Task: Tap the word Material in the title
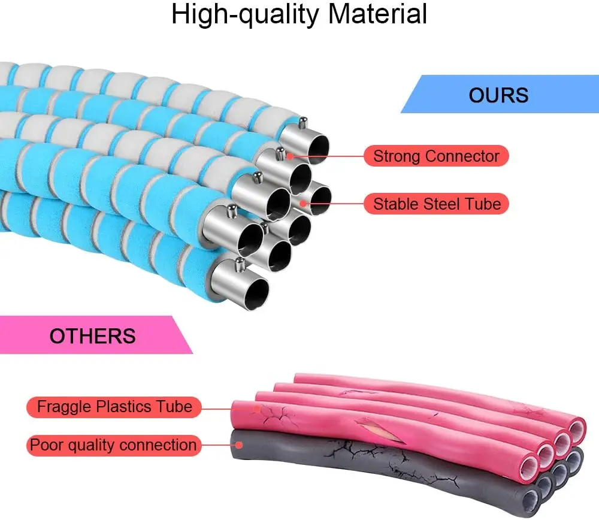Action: tap(377, 14)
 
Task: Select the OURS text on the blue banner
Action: tap(498, 95)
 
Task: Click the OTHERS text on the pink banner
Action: tap(92, 335)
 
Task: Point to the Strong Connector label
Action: tap(436, 157)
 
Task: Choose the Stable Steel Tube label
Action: tap(437, 204)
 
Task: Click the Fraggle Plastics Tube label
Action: tap(114, 407)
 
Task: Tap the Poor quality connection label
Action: tap(113, 445)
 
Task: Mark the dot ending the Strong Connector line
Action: tap(289, 157)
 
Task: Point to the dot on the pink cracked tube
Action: tap(256, 408)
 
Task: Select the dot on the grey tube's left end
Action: tap(240, 445)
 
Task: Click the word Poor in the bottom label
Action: tap(43, 445)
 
